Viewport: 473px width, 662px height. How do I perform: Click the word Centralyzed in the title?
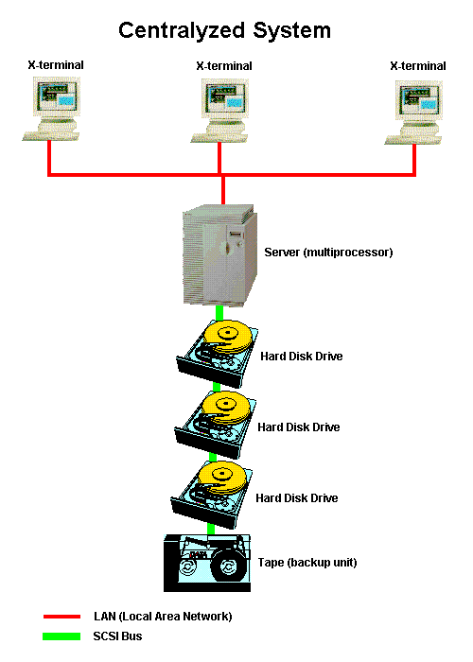point(182,31)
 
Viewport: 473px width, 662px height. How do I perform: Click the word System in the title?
point(291,31)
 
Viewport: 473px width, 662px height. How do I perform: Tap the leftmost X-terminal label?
point(56,65)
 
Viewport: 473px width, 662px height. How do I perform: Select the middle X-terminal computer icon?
point(219,111)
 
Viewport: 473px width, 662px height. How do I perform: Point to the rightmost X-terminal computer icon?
point(414,113)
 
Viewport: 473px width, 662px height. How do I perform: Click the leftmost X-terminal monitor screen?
point(57,96)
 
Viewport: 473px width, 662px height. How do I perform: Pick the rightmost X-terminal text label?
point(418,66)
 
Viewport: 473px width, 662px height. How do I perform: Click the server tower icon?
point(220,255)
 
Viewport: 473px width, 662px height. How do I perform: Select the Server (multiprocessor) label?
point(328,253)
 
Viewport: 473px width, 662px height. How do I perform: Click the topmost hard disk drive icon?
point(218,354)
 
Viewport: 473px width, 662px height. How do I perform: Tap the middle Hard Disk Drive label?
point(299,427)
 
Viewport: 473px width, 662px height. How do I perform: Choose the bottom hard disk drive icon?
point(212,495)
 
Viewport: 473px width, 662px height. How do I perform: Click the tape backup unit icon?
point(207,563)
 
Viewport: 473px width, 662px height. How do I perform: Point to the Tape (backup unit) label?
point(307,563)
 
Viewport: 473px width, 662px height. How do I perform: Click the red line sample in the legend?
point(61,617)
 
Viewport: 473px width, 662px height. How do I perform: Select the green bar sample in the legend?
point(61,636)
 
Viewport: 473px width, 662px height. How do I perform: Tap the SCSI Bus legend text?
point(117,636)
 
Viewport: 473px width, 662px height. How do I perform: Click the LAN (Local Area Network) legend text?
point(163,617)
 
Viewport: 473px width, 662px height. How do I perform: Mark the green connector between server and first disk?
point(219,313)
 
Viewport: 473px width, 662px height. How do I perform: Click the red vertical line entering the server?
point(223,190)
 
